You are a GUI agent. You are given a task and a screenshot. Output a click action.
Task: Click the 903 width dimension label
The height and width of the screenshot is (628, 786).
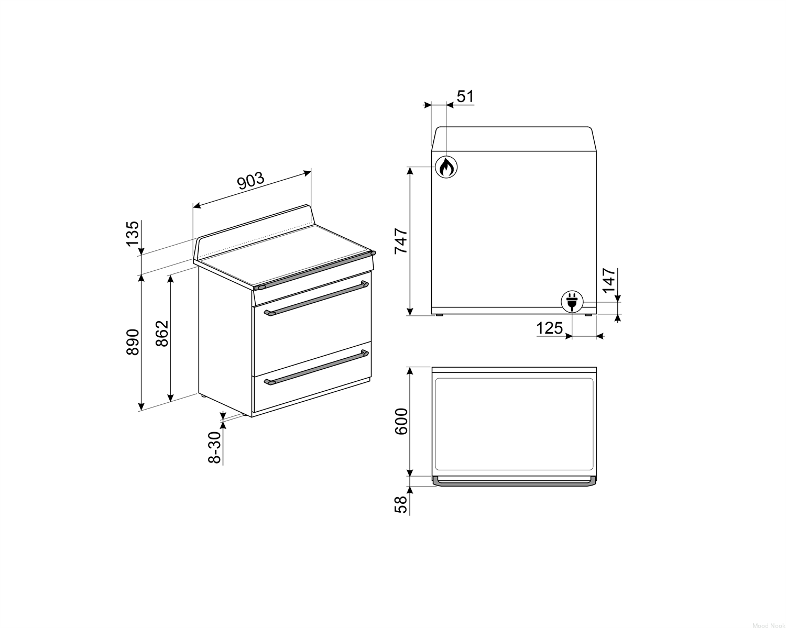(250, 181)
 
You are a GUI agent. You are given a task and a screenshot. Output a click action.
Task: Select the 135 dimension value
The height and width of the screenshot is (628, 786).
(133, 234)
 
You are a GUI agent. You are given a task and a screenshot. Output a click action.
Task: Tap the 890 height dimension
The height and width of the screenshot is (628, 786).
(133, 341)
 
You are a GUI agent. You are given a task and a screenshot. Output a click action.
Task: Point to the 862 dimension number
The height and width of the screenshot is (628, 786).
(162, 333)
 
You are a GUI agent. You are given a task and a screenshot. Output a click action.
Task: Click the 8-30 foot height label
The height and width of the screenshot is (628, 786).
(215, 447)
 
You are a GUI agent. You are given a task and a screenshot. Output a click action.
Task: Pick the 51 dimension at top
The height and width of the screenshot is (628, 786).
(465, 96)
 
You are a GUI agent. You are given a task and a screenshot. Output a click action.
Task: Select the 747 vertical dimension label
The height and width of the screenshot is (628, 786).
(401, 240)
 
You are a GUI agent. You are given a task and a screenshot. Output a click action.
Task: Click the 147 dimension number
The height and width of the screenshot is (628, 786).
(608, 280)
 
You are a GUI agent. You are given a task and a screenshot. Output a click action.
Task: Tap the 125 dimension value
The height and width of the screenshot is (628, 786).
(549, 328)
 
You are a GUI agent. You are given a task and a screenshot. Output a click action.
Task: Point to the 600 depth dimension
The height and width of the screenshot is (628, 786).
(401, 421)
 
